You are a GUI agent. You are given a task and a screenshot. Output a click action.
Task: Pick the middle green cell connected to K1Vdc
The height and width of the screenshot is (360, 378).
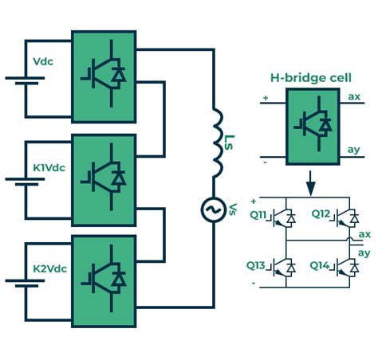coord(104,178)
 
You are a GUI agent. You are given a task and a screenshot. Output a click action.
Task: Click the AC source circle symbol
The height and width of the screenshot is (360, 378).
coord(214,210)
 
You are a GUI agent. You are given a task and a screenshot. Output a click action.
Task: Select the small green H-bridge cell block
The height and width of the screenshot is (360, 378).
coord(311,123)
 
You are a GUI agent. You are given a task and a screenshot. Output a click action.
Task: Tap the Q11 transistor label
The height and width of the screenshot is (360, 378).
coord(261,214)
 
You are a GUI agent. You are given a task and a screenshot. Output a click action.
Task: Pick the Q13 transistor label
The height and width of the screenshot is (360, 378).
coord(261,265)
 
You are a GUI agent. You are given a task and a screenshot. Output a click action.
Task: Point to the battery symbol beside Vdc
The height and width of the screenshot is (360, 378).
coord(26,81)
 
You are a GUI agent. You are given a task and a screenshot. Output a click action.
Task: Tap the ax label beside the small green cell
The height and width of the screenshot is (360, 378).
coord(355,96)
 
